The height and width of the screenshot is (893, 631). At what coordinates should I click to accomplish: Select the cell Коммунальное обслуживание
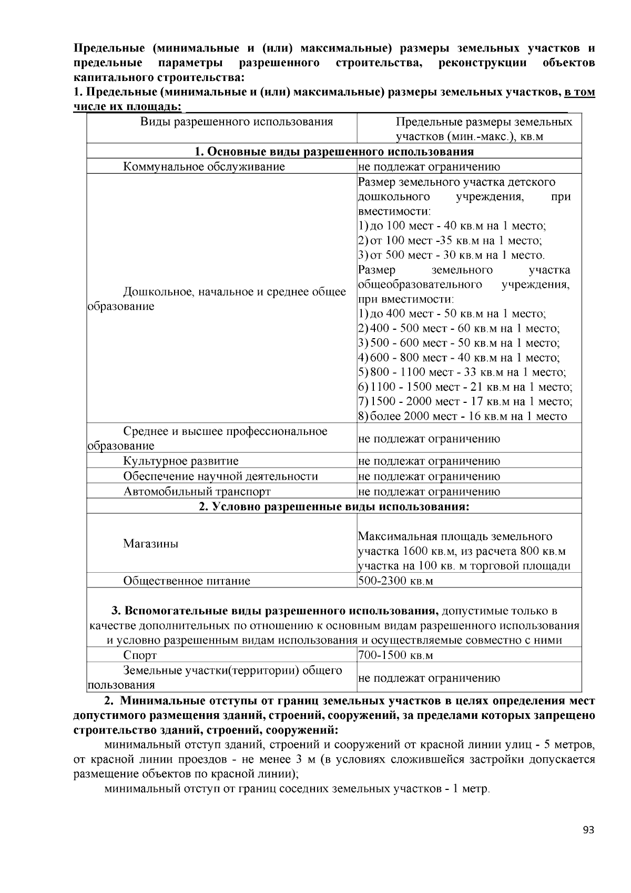(x=204, y=167)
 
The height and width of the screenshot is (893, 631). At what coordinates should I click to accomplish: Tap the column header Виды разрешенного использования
(x=237, y=122)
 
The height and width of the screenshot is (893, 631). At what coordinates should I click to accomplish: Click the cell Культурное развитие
(x=180, y=461)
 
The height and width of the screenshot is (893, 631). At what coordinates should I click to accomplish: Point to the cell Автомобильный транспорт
(x=197, y=492)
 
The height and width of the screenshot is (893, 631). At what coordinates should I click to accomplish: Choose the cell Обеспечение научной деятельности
(x=220, y=476)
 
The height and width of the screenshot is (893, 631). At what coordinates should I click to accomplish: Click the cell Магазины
(x=150, y=544)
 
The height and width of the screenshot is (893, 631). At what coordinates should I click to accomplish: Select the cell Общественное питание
(x=187, y=581)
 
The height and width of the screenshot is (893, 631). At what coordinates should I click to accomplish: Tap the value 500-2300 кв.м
(x=395, y=581)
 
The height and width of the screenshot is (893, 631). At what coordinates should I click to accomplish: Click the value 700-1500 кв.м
(x=395, y=655)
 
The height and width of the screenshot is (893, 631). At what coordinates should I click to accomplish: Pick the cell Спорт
(x=140, y=655)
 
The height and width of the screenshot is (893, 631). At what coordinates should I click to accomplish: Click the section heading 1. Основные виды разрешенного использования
(x=334, y=151)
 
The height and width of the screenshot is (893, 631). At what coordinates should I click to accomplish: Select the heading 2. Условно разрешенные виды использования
(x=334, y=507)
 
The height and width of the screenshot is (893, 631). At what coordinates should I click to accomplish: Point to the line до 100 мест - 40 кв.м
(x=452, y=226)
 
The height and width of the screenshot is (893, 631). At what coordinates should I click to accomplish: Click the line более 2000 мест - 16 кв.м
(x=463, y=417)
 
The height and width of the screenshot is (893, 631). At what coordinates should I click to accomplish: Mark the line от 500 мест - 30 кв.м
(x=452, y=256)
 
